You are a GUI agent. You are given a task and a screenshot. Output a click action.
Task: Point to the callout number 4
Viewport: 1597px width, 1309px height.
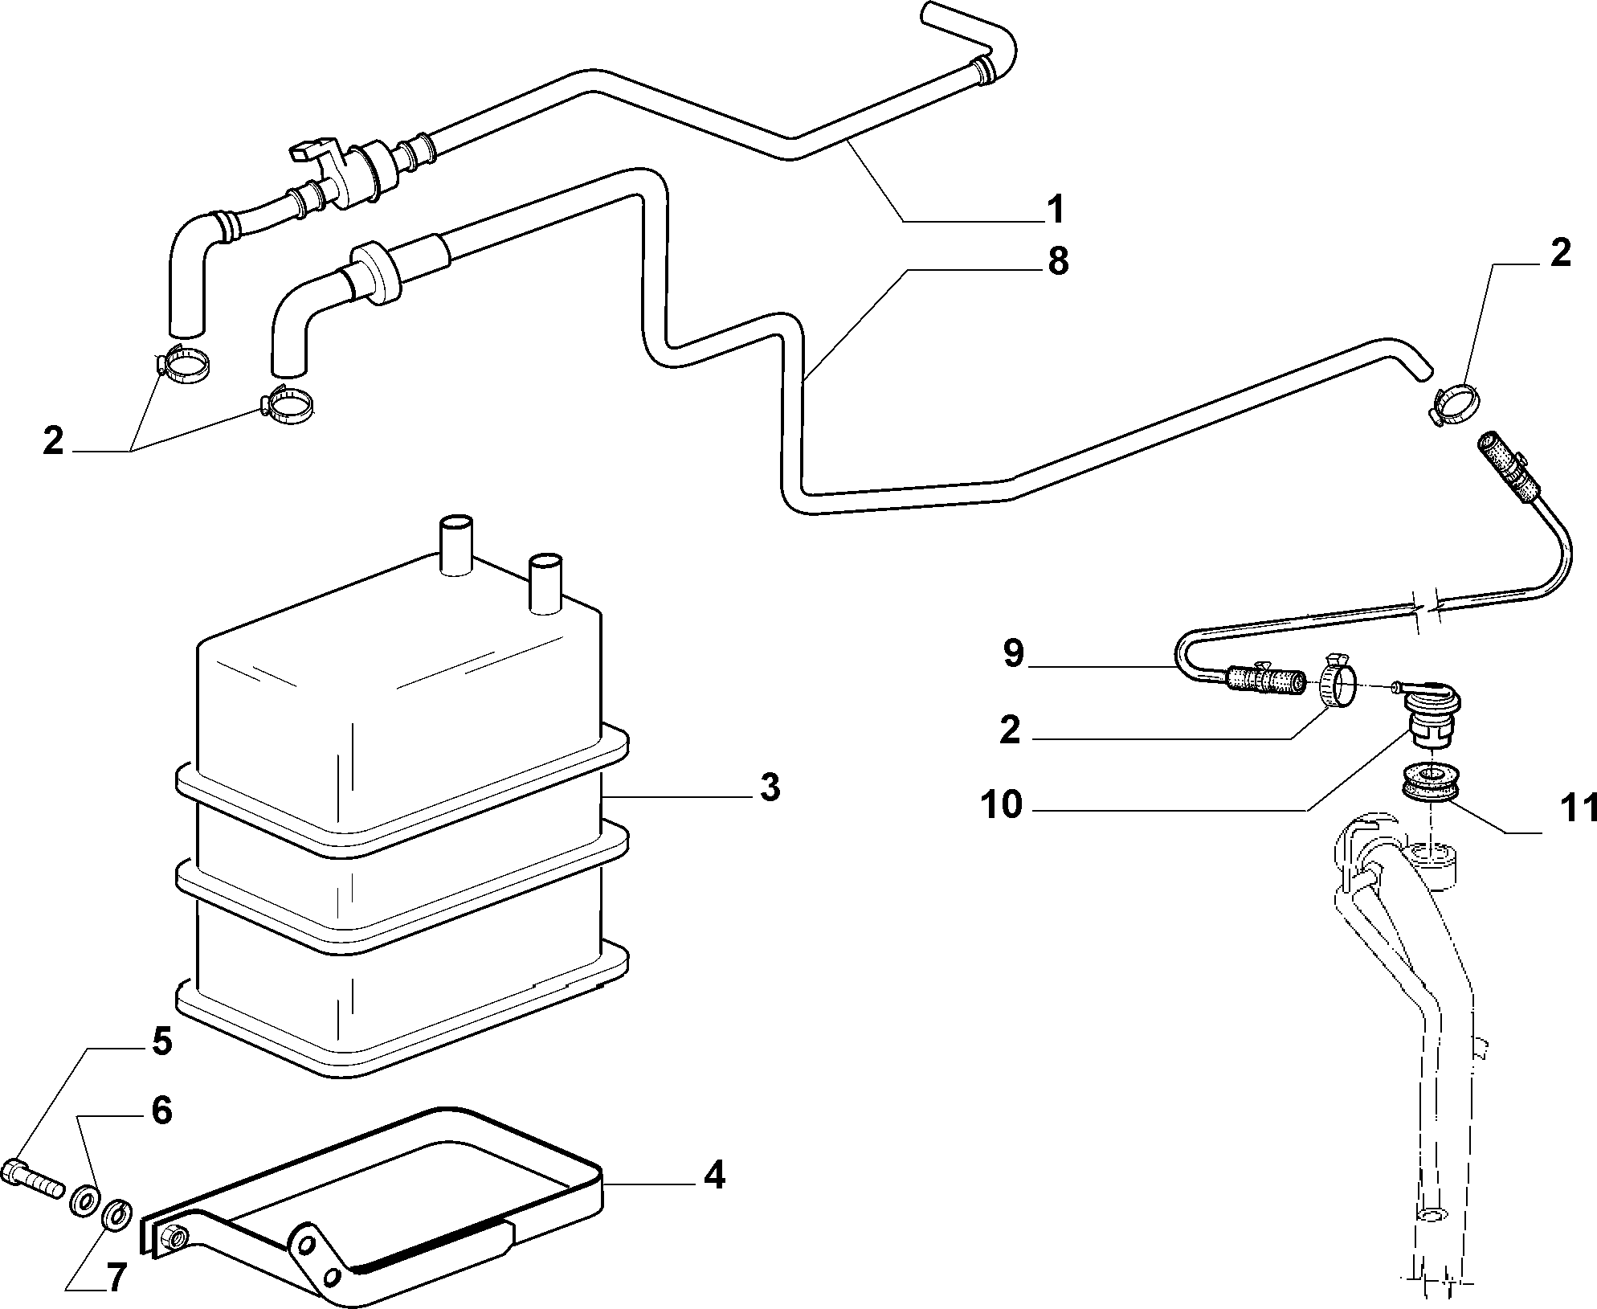coord(713,1176)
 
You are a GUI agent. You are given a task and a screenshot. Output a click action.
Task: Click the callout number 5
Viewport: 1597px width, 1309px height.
coord(161,1041)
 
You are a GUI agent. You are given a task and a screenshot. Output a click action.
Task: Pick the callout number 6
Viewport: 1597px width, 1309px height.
coord(161,1111)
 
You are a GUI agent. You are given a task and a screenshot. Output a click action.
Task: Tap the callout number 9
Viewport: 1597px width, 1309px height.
coord(1014,653)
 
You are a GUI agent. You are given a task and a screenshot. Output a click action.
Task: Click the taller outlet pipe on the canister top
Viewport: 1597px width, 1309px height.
coord(456,544)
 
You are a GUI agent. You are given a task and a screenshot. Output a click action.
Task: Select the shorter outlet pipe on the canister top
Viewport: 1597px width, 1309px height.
coord(544,583)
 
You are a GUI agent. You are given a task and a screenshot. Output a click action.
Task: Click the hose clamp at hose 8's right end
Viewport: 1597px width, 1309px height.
coord(1454,403)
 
